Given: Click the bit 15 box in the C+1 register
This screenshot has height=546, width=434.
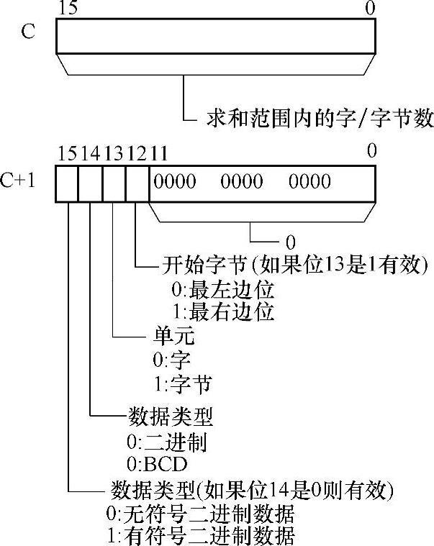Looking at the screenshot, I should point(67,183).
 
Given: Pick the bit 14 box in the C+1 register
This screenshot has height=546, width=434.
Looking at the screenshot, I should point(90,183).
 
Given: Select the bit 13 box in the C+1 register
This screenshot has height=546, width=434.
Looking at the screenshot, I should point(114,183).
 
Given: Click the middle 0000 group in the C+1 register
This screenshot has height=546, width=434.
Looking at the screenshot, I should point(241,181).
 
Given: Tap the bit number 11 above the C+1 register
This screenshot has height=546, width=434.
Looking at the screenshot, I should point(161,153).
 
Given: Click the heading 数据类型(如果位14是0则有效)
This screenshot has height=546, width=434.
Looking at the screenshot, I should point(253,491).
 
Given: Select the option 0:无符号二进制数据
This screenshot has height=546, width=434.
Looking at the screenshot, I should point(200,514).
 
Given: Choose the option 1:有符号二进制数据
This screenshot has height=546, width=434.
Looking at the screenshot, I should point(200,536).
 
